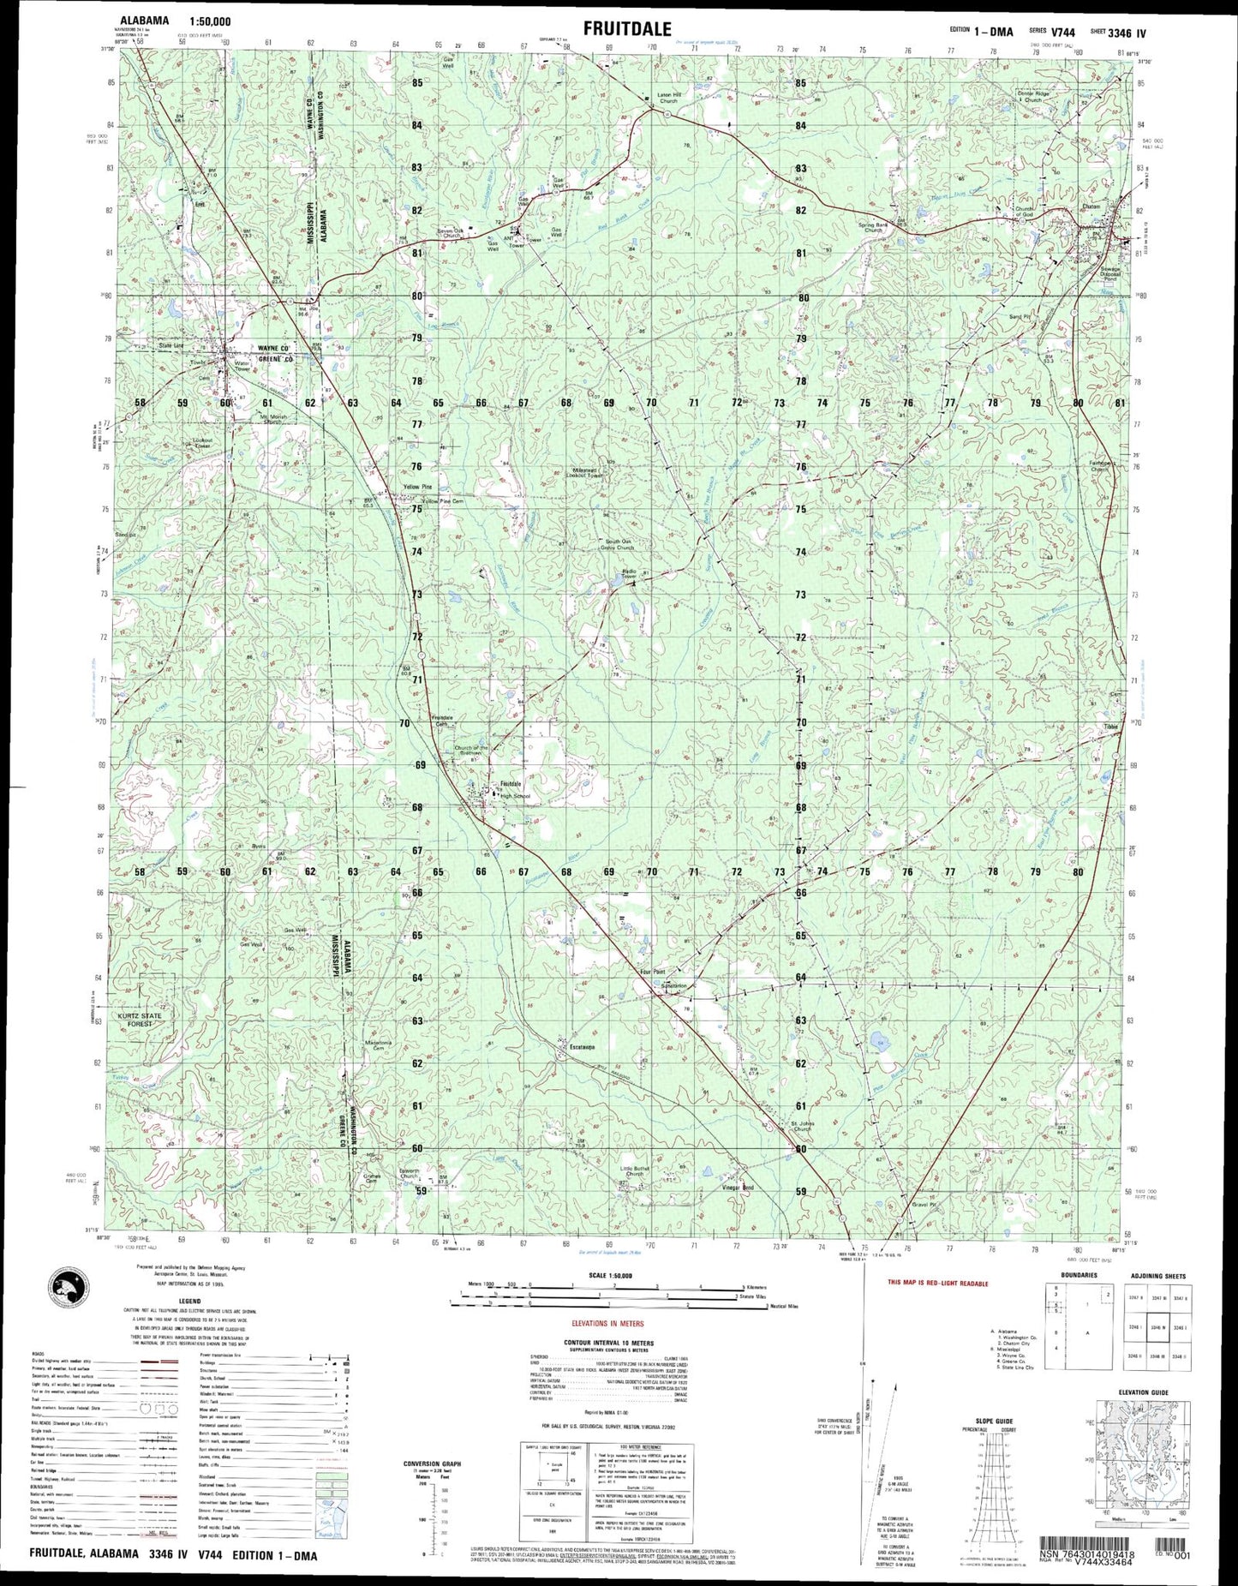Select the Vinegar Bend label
[738, 1188]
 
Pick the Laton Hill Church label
[668, 97]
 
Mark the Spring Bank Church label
[873, 227]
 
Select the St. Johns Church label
[802, 1126]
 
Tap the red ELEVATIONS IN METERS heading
[608, 1324]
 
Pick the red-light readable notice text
[938, 1284]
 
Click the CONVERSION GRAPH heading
[432, 1463]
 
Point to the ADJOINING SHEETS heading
[1157, 1276]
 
